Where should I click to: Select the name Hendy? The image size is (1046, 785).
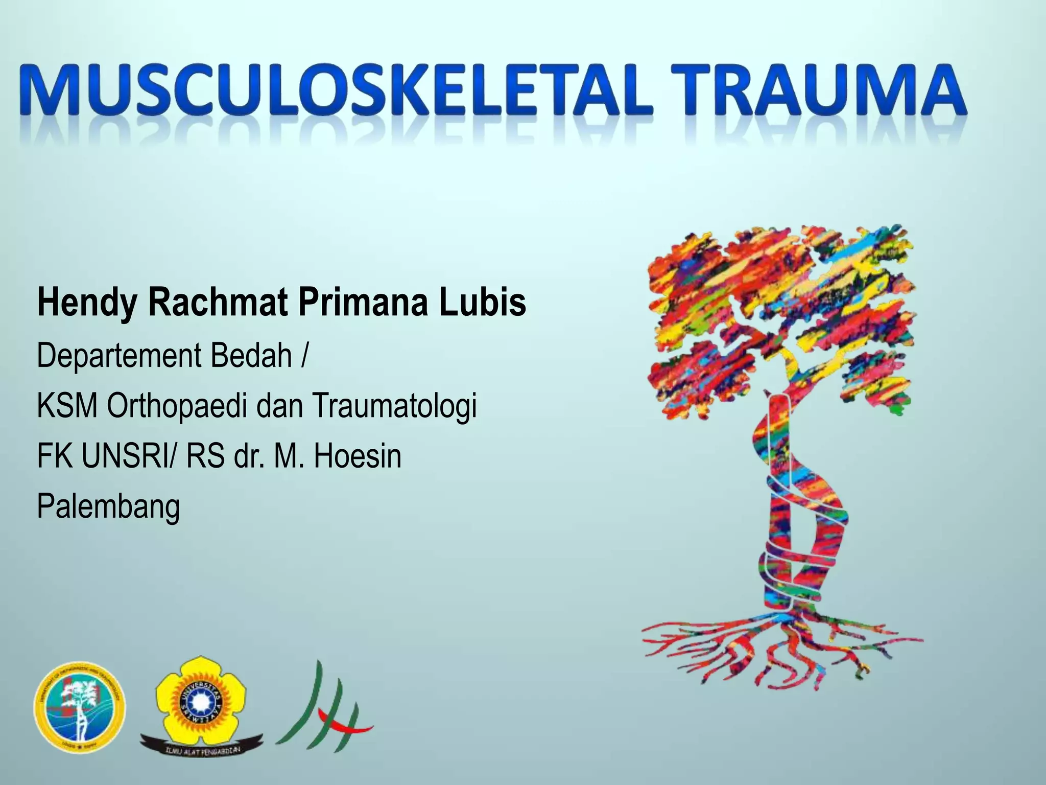[x=87, y=303]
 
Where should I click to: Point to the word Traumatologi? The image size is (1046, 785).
[x=394, y=406]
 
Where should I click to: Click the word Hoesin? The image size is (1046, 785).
[x=357, y=456]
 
